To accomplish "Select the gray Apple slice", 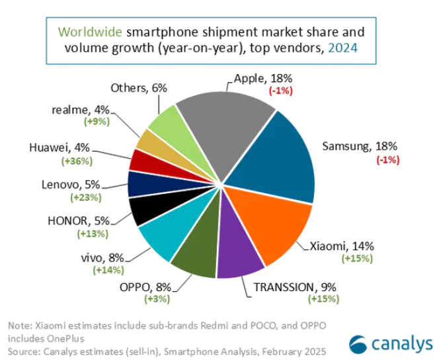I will click(228, 122).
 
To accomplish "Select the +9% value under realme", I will click(97, 122).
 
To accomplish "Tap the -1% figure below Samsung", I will click(387, 159).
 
